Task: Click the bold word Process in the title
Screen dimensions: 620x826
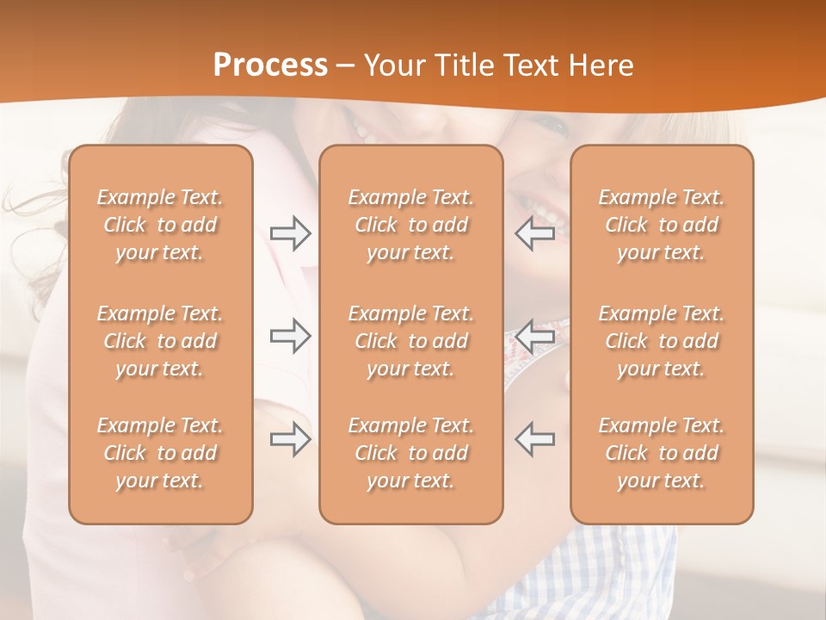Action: point(270,65)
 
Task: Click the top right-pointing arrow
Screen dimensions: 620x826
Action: point(291,233)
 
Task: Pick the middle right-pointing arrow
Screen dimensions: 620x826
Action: point(291,336)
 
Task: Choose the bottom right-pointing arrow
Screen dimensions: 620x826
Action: point(291,439)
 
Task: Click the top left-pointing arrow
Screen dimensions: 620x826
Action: point(534,233)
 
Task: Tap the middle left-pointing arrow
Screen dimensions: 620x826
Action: point(534,336)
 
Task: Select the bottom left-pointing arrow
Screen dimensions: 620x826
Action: point(534,439)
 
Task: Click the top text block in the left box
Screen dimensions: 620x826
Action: point(160,225)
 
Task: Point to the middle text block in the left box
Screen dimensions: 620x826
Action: point(160,341)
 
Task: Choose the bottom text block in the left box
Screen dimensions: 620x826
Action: point(160,453)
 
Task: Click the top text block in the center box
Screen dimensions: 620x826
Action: point(411,225)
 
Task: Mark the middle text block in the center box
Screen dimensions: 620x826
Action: point(411,341)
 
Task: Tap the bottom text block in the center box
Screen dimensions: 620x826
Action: point(411,453)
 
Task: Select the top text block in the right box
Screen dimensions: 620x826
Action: point(662,225)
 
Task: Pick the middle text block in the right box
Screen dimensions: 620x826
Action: point(662,341)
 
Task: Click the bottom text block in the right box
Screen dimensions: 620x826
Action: point(662,453)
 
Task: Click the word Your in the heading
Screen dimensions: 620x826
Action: point(395,65)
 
